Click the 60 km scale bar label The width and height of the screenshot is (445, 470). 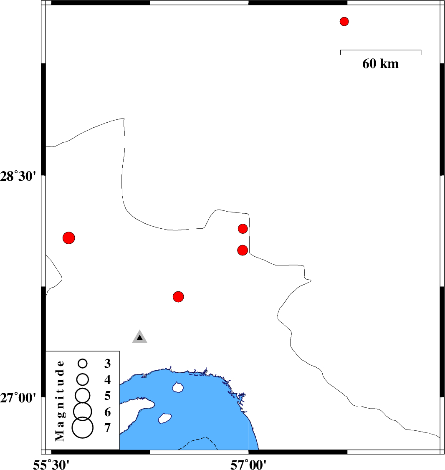tap(381, 63)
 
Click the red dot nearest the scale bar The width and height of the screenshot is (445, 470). tap(344, 22)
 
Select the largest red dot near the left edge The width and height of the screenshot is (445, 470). tap(68, 238)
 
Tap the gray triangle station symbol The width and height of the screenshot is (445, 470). tap(140, 336)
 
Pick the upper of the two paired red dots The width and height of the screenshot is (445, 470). tap(243, 229)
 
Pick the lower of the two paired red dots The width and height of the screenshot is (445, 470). tap(243, 250)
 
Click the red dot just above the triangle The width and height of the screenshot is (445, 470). tap(178, 297)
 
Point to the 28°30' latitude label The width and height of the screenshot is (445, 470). tap(18, 176)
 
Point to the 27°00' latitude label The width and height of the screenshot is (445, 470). tap(18, 398)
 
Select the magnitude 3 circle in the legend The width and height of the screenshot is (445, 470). tap(83, 364)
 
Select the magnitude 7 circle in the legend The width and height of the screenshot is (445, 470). tap(83, 428)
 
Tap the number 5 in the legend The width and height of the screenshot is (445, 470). tap(108, 396)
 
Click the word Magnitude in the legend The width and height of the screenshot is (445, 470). tap(60, 401)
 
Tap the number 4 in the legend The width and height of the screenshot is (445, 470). tap(108, 380)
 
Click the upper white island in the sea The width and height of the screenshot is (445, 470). tap(178, 387)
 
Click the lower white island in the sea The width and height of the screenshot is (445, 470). tap(164, 418)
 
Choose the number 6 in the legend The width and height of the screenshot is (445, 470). tap(108, 412)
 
